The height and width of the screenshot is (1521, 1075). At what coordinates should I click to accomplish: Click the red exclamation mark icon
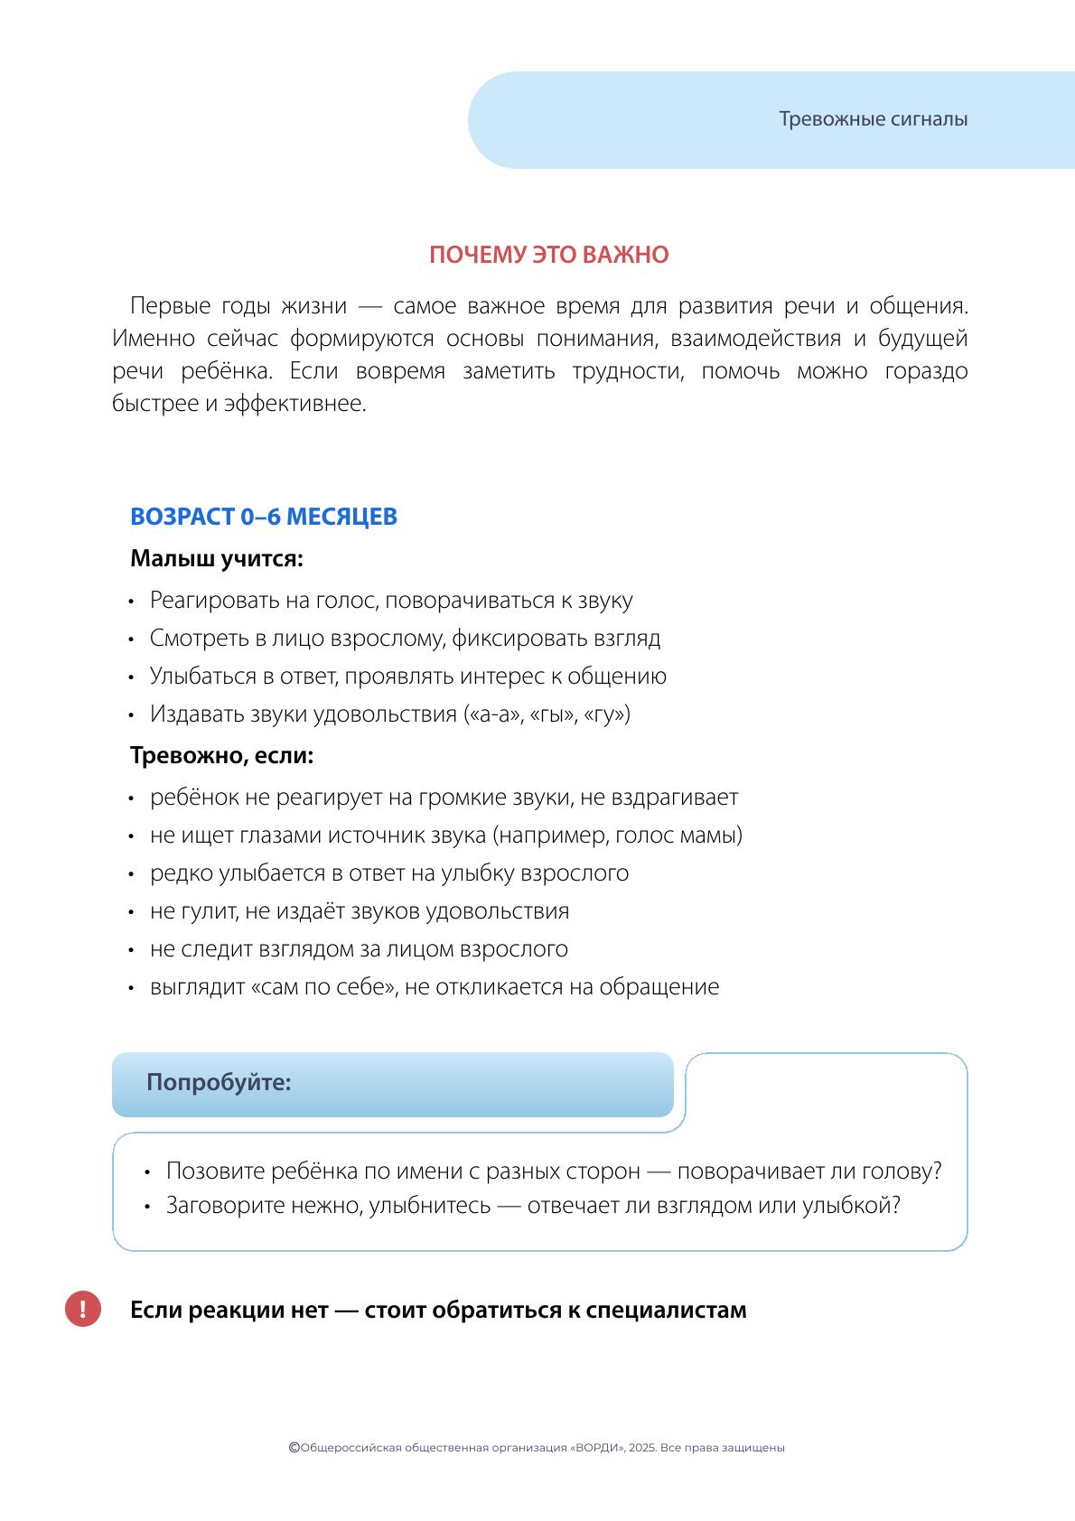[83, 1309]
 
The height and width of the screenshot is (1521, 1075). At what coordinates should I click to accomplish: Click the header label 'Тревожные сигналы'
[873, 119]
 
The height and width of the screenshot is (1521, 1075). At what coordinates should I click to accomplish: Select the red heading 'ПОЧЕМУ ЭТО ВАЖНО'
[548, 255]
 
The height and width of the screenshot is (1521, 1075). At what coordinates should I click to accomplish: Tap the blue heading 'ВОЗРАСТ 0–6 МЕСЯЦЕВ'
[264, 517]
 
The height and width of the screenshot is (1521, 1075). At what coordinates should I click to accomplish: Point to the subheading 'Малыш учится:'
[217, 558]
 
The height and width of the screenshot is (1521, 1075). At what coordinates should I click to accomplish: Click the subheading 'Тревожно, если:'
[222, 755]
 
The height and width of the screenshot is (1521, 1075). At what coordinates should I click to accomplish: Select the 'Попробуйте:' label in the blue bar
[219, 1082]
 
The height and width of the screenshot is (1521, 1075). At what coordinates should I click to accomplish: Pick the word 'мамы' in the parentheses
[713, 835]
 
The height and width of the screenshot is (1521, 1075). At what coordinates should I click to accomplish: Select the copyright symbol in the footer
[294, 1448]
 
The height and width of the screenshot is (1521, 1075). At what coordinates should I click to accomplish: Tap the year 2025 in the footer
[642, 1448]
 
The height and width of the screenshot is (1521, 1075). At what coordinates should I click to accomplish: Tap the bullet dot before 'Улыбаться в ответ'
[131, 677]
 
